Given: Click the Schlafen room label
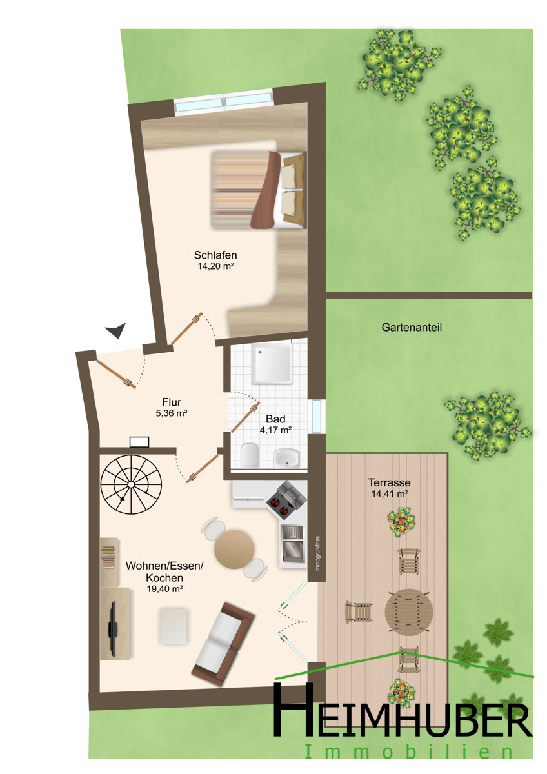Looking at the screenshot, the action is pyautogui.click(x=215, y=255).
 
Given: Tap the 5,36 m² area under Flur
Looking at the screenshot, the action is pyautogui.click(x=172, y=413).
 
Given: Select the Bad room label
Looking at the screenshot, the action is pyautogui.click(x=275, y=419).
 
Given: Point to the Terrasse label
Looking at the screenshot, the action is pyautogui.click(x=389, y=482).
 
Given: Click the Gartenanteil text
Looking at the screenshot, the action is pyautogui.click(x=412, y=327).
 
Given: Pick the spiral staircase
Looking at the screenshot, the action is pyautogui.click(x=130, y=485).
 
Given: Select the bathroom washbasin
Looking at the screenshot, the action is pyautogui.click(x=286, y=457).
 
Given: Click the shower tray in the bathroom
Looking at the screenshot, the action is pyautogui.click(x=272, y=364).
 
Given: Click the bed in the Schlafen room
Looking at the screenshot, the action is pyautogui.click(x=259, y=190).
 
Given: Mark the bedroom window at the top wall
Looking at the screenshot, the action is pyautogui.click(x=224, y=101).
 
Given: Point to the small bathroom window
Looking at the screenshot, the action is pyautogui.click(x=316, y=417).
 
